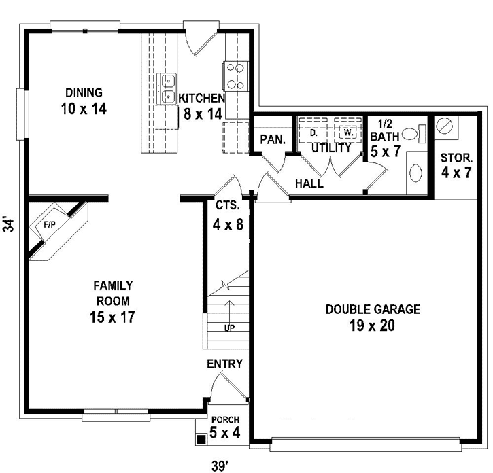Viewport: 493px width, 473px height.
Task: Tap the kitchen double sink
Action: click(167, 89)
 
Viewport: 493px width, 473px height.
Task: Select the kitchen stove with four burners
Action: click(235, 76)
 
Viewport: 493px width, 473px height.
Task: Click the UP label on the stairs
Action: click(230, 328)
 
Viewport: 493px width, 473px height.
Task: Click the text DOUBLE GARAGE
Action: click(373, 309)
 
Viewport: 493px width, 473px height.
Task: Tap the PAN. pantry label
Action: click(271, 139)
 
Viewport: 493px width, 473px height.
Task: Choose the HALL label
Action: click(309, 183)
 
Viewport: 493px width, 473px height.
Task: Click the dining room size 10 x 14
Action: click(84, 107)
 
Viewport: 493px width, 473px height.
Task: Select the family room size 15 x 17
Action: click(112, 316)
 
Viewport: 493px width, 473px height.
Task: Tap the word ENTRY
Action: click(224, 364)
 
